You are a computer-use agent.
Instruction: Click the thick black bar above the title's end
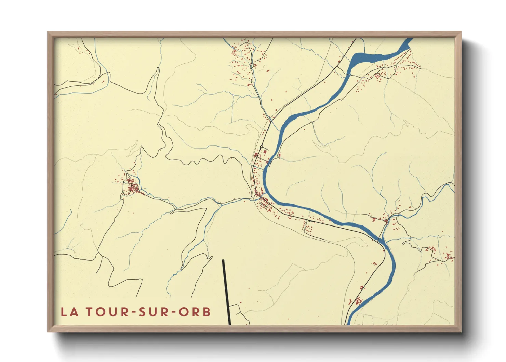[226, 291]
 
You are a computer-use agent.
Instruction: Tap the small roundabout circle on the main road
[261, 147]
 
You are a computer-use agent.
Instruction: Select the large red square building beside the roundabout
[266, 151]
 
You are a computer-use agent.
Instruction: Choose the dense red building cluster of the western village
[132, 188]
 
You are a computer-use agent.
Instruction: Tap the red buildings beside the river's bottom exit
[358, 301]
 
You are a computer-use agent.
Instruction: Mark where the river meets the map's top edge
[409, 40]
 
